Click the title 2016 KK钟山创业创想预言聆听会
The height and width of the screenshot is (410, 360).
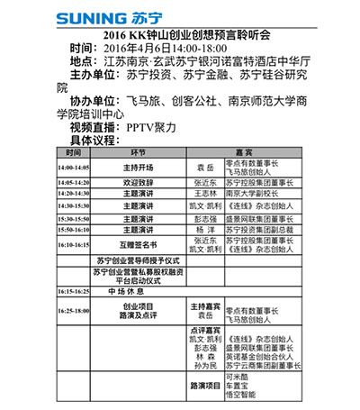pos(181,35)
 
